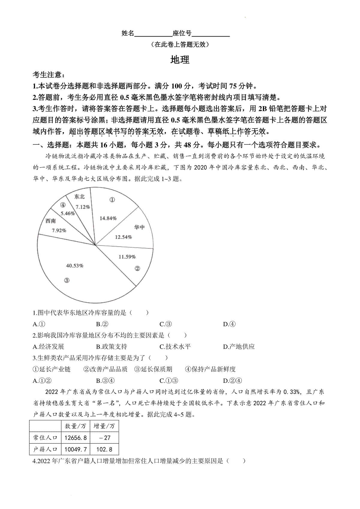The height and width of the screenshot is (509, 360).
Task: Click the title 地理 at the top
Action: pos(180,60)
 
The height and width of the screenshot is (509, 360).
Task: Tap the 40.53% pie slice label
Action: pos(75,266)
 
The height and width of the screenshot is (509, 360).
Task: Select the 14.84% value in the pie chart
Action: pos(108,218)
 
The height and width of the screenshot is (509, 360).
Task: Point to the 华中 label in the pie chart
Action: pos(139,227)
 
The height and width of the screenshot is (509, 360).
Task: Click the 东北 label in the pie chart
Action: pos(79,197)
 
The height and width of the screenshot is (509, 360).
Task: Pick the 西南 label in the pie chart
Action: pos(51,221)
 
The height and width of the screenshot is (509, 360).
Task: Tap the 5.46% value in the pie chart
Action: pos(67,213)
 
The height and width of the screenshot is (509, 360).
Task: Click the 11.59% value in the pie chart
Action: pos(127,257)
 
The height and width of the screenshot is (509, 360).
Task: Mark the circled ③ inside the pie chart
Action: pos(67,280)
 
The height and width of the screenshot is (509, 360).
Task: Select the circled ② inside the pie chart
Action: pos(137,268)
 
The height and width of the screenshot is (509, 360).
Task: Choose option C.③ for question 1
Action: pos(166,324)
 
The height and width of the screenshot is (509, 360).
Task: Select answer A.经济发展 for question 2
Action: pos(49,347)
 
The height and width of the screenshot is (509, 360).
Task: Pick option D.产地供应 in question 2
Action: pos(239,347)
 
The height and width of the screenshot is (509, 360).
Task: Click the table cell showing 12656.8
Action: pos(76,438)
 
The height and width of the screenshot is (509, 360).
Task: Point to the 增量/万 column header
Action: pos(104,426)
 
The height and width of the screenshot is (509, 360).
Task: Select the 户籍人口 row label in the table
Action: pos(45,449)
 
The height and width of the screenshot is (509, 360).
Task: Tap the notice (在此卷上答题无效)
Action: pos(180,45)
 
